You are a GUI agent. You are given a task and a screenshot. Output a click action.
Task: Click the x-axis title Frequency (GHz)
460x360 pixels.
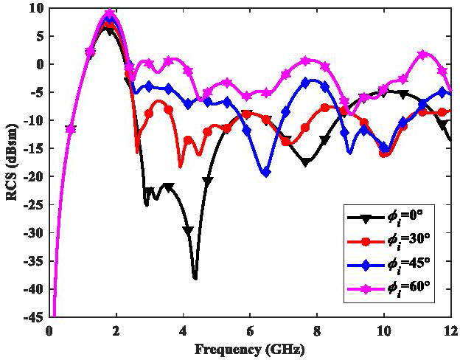tap(250, 348)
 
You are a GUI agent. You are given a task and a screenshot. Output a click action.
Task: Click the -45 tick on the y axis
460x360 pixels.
tap(34, 317)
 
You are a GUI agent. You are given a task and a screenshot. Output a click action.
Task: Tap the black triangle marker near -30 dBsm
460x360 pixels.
tap(188, 231)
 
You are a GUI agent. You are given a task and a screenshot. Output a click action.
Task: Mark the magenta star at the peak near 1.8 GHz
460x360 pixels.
tap(110, 14)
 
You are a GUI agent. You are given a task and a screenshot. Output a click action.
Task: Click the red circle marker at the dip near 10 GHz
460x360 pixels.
tap(383, 153)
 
